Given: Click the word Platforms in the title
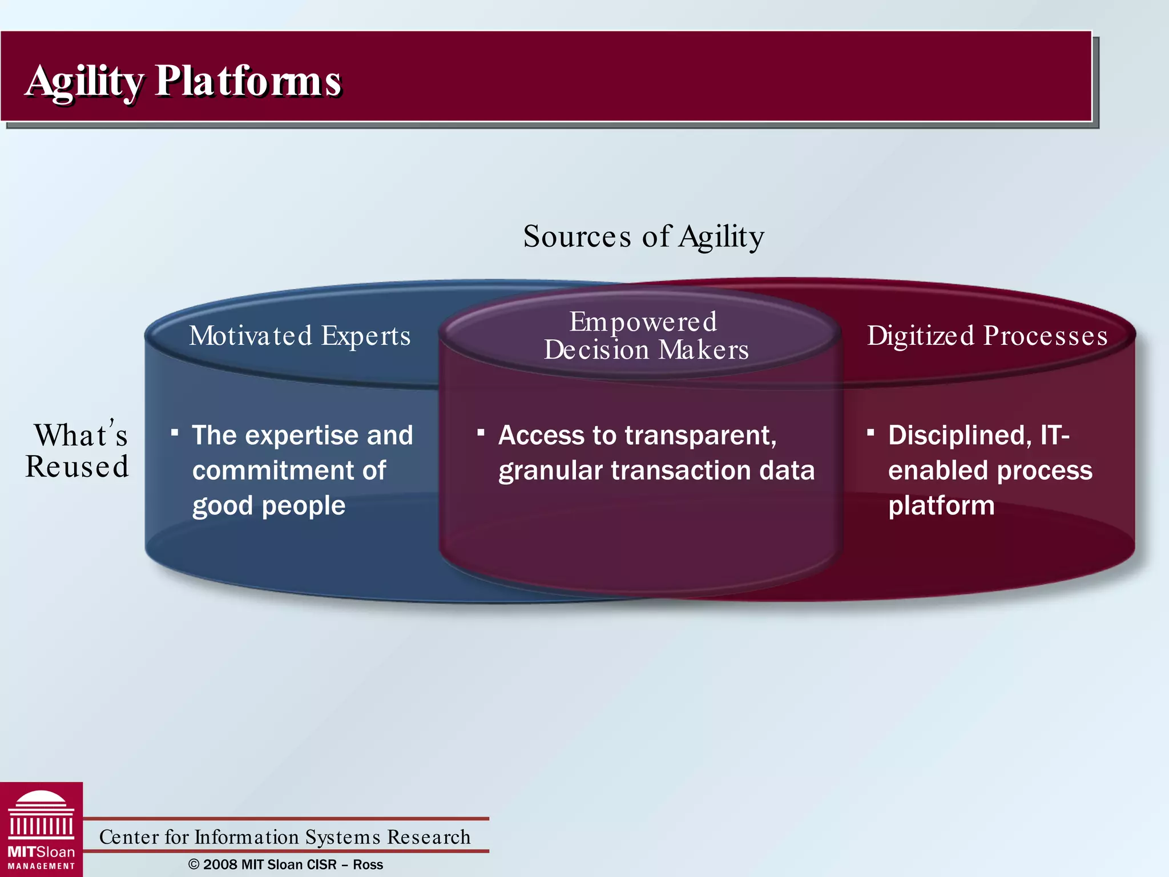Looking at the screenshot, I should coord(248,81).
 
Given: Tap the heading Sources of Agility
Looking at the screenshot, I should coord(643,236).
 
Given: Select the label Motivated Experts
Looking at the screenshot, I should coord(300,336).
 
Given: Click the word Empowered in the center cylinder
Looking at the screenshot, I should coord(643,322).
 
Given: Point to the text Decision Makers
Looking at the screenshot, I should coord(646,350).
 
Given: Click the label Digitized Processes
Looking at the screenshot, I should coord(987,336).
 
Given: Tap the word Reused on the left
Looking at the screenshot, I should coord(77,466).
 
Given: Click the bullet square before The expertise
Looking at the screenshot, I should coord(175,432).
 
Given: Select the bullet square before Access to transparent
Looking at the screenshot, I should coord(481,432).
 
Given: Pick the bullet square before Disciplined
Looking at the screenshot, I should coord(870,432).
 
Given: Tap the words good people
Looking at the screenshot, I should coord(269,506).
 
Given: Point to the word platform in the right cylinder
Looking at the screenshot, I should coord(941,506).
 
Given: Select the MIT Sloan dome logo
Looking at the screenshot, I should coord(41,816).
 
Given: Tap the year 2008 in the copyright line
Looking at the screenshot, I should coord(220,864).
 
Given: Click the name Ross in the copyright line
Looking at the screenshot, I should coord(368,864).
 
